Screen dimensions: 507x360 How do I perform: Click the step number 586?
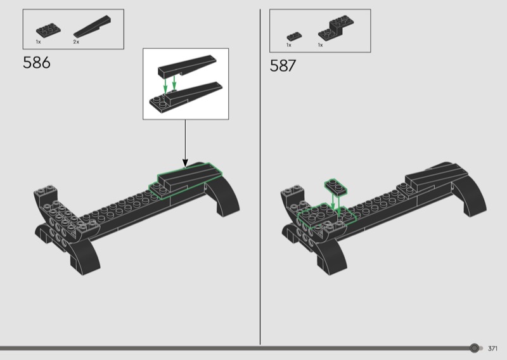coord(37,62)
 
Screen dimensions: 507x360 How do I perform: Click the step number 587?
coord(283,66)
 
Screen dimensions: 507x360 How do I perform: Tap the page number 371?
coord(492,349)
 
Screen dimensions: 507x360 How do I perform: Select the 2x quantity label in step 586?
coord(76,42)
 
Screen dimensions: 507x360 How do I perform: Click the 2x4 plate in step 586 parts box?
coord(48,30)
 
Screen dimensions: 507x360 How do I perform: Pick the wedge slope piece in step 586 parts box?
coord(92,26)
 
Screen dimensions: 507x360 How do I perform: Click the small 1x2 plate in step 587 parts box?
coord(294,36)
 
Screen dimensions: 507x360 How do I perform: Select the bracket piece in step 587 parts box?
coord(336,28)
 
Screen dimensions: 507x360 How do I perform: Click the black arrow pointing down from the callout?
coord(185,144)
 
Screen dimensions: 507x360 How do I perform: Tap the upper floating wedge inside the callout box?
coord(186,66)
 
